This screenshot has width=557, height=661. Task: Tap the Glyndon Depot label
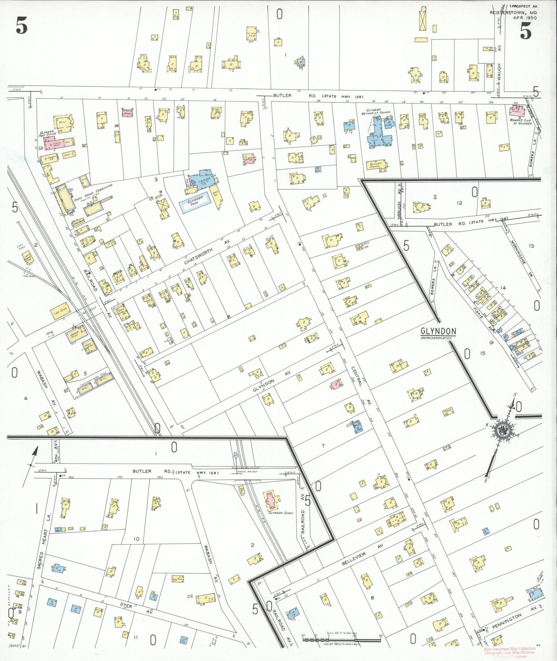281,513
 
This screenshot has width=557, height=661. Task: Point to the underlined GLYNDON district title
438,331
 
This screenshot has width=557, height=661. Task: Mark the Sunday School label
375,165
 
